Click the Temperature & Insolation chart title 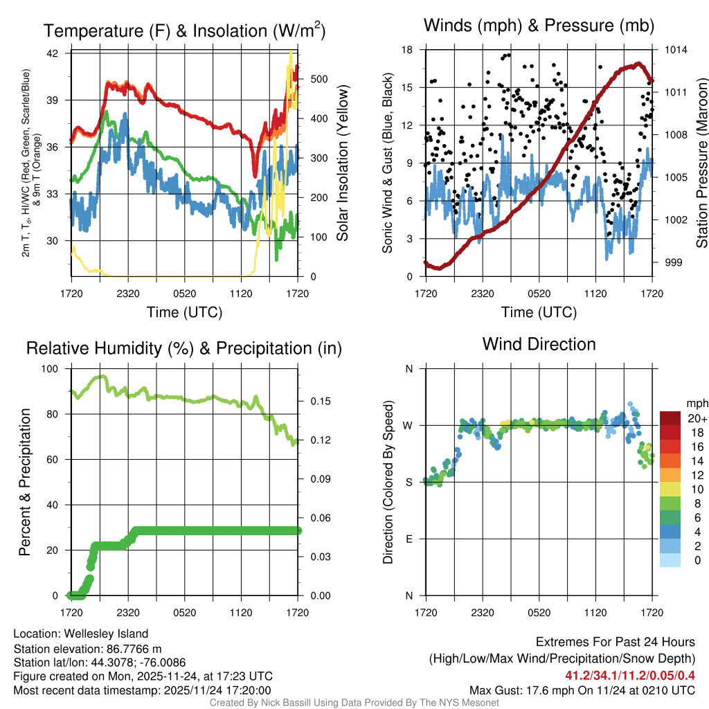[x=184, y=31]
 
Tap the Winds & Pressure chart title [x=539, y=26]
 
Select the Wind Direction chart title [x=539, y=344]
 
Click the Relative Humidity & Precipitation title [x=184, y=348]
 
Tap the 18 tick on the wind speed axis [x=407, y=50]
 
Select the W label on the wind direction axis [x=409, y=425]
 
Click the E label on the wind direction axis [x=410, y=539]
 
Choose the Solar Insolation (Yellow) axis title [x=342, y=163]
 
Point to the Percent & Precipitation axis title [x=25, y=482]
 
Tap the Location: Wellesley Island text [x=81, y=634]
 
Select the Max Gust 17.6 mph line [x=582, y=690]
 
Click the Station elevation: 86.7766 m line [x=87, y=649]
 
